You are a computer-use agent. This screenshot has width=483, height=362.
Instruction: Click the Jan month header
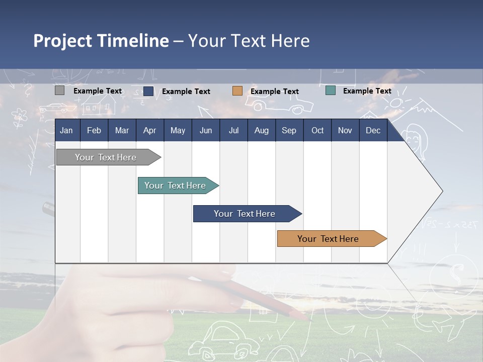(x=66, y=131)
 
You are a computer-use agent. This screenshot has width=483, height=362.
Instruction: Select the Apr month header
(x=150, y=131)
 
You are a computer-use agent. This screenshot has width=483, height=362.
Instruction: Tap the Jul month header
(x=234, y=131)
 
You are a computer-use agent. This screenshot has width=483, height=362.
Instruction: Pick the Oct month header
(x=317, y=131)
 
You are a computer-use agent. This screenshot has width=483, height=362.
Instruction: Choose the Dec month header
(x=373, y=131)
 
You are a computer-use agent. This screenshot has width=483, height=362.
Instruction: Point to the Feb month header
(x=94, y=131)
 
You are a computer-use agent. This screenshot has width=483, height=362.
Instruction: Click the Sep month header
(x=289, y=131)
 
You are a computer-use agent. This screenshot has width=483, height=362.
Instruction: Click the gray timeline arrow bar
(x=109, y=157)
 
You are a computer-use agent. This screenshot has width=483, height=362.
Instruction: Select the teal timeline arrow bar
(x=178, y=186)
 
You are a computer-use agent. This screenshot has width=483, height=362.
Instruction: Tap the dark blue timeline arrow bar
(x=248, y=214)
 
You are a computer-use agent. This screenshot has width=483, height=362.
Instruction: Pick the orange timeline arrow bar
(x=332, y=238)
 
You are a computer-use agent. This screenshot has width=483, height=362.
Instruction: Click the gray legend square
(x=59, y=90)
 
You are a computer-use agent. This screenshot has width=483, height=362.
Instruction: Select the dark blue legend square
(x=148, y=91)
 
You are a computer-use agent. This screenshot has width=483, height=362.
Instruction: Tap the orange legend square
(x=237, y=91)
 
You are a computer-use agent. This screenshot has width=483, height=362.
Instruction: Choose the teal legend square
(x=331, y=90)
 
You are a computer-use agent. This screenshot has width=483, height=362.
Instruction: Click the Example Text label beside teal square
(x=367, y=91)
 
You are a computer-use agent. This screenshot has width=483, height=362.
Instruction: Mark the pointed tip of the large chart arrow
(x=443, y=191)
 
